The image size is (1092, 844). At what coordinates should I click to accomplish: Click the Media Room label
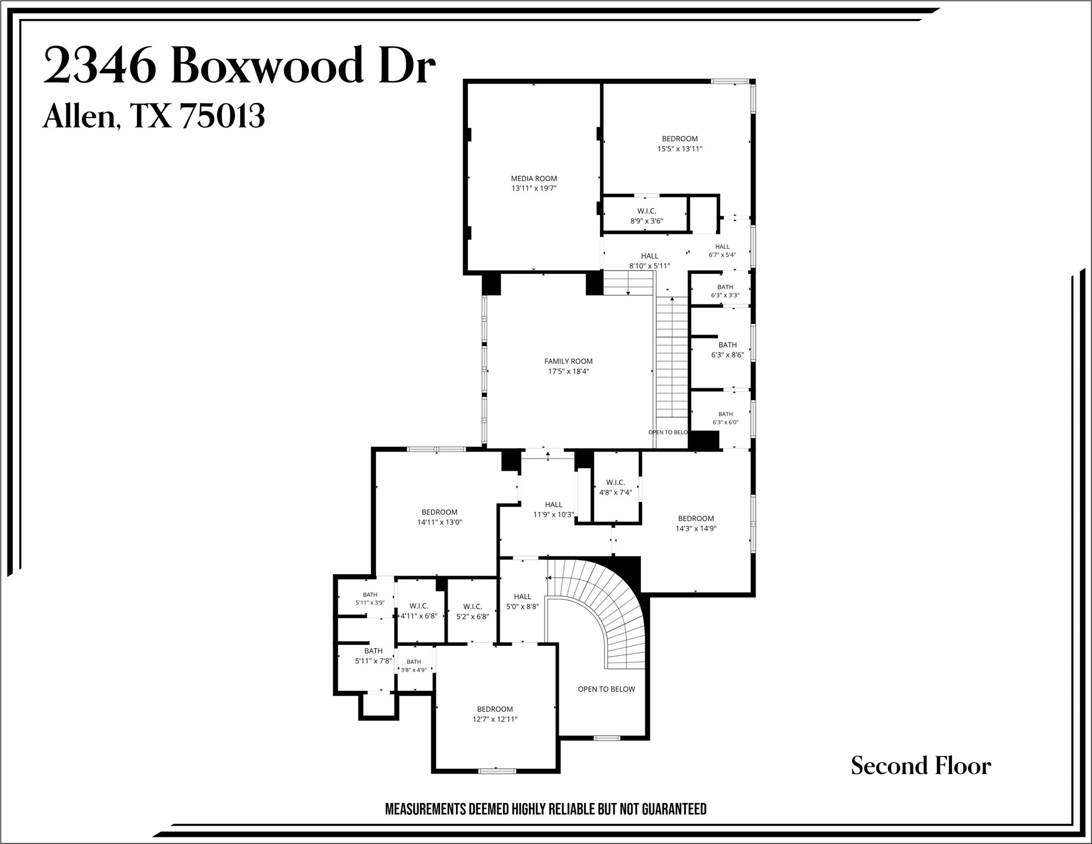534,178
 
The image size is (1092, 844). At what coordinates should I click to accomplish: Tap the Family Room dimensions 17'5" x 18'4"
568,371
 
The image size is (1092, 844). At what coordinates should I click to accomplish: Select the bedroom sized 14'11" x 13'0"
439,517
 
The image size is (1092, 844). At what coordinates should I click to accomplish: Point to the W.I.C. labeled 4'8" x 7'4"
615,487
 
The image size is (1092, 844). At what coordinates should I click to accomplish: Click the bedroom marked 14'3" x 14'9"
696,524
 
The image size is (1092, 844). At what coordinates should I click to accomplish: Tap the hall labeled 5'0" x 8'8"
522,601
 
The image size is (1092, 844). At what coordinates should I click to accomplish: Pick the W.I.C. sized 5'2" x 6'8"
473,611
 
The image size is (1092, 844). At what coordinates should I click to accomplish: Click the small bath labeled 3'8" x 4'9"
414,666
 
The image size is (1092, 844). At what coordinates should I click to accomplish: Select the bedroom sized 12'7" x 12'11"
495,714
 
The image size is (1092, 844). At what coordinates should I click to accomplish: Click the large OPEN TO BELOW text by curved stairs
606,689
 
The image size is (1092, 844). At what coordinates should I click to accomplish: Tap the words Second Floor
921,766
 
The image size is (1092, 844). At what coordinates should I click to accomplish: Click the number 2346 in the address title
100,66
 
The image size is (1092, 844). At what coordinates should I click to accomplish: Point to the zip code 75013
222,115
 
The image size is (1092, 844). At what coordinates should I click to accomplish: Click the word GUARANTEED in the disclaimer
674,809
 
